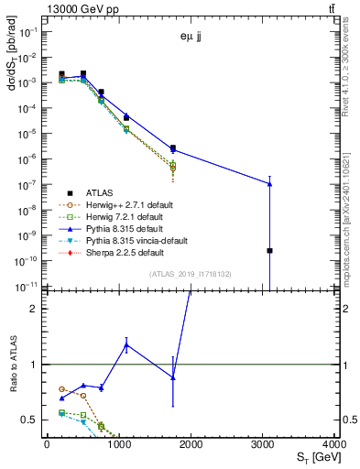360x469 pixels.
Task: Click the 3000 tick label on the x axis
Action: coord(264,443)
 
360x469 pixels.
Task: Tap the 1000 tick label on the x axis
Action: coord(119,443)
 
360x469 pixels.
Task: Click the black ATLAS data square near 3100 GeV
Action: coord(269,250)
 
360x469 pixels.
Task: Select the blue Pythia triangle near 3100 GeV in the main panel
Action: coord(269,183)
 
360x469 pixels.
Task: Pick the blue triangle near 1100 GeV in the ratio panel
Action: coord(125,344)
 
